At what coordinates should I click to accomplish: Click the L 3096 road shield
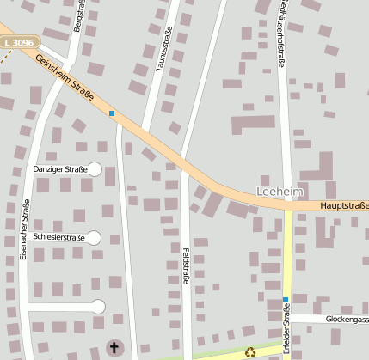(18, 41)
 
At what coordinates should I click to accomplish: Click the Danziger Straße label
(60, 170)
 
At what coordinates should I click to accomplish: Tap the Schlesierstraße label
(58, 237)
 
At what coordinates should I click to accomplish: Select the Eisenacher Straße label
(25, 229)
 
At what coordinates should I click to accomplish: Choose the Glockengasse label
(347, 319)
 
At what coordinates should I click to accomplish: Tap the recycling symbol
(250, 351)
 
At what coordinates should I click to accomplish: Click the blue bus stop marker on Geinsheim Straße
(112, 113)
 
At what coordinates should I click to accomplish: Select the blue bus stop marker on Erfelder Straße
(286, 299)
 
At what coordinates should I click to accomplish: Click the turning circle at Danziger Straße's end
(95, 170)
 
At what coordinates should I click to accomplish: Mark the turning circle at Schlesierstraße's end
(94, 237)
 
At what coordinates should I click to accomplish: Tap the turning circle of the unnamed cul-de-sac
(98, 306)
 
